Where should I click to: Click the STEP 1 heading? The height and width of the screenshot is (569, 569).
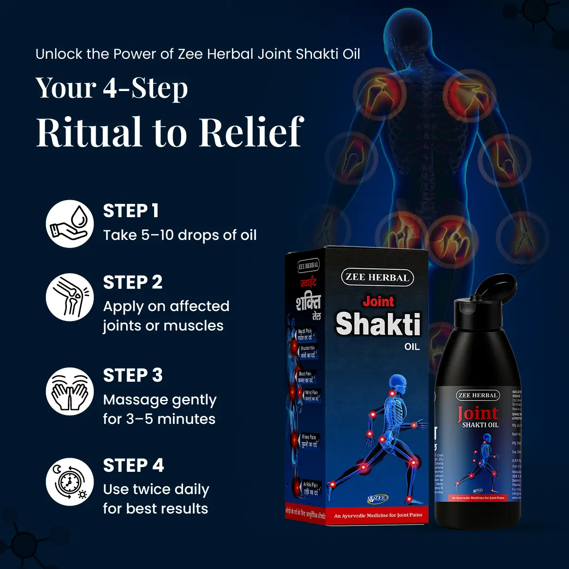[131, 211]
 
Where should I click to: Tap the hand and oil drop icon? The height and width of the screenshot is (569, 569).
[70, 223]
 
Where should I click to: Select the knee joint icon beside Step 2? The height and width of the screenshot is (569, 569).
[70, 297]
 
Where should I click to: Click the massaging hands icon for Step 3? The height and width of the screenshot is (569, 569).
[70, 391]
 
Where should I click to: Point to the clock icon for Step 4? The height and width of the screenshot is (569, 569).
[70, 482]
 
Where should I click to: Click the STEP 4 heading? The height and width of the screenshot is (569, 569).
[134, 466]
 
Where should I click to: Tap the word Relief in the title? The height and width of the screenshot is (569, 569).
[251, 132]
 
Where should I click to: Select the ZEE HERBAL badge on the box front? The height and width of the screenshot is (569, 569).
[377, 277]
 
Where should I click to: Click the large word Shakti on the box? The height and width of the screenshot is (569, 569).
[378, 324]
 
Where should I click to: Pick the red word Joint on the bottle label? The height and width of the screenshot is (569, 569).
[477, 413]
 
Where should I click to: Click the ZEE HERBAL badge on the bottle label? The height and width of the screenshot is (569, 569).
[478, 395]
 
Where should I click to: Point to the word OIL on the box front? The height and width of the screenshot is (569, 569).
[412, 347]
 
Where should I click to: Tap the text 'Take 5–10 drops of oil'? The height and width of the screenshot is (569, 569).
[180, 235]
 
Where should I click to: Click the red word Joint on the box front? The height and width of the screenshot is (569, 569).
[378, 302]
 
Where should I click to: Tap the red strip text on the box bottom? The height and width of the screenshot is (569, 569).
[378, 515]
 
